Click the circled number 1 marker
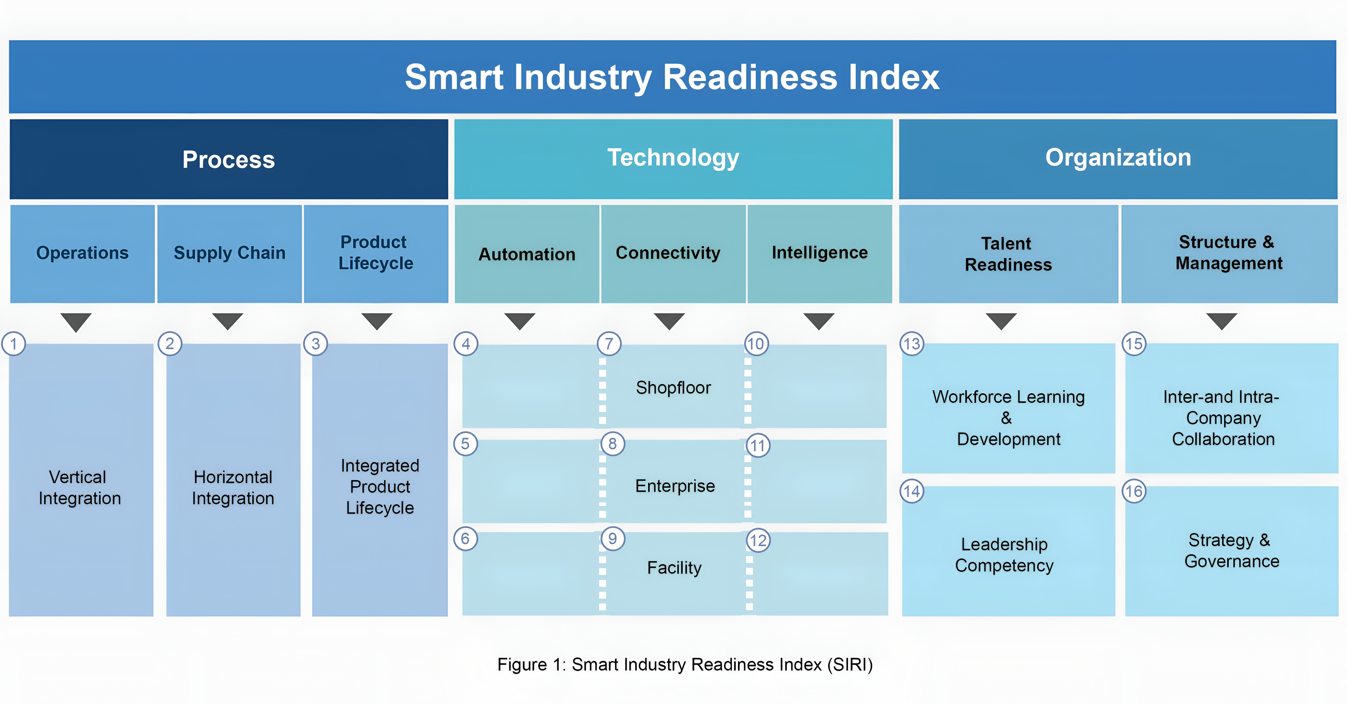[13, 344]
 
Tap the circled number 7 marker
[609, 344]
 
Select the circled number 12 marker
[758, 540]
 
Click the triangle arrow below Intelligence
[819, 321]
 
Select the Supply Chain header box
[230, 254]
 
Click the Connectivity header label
[668, 253]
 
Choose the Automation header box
[527, 254]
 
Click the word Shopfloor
[673, 388]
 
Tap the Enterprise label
[675, 486]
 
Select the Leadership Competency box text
[1005, 555]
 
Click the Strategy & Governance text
[1232, 550]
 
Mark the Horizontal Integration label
[233, 488]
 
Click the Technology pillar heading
[673, 158]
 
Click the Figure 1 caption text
[685, 664]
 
